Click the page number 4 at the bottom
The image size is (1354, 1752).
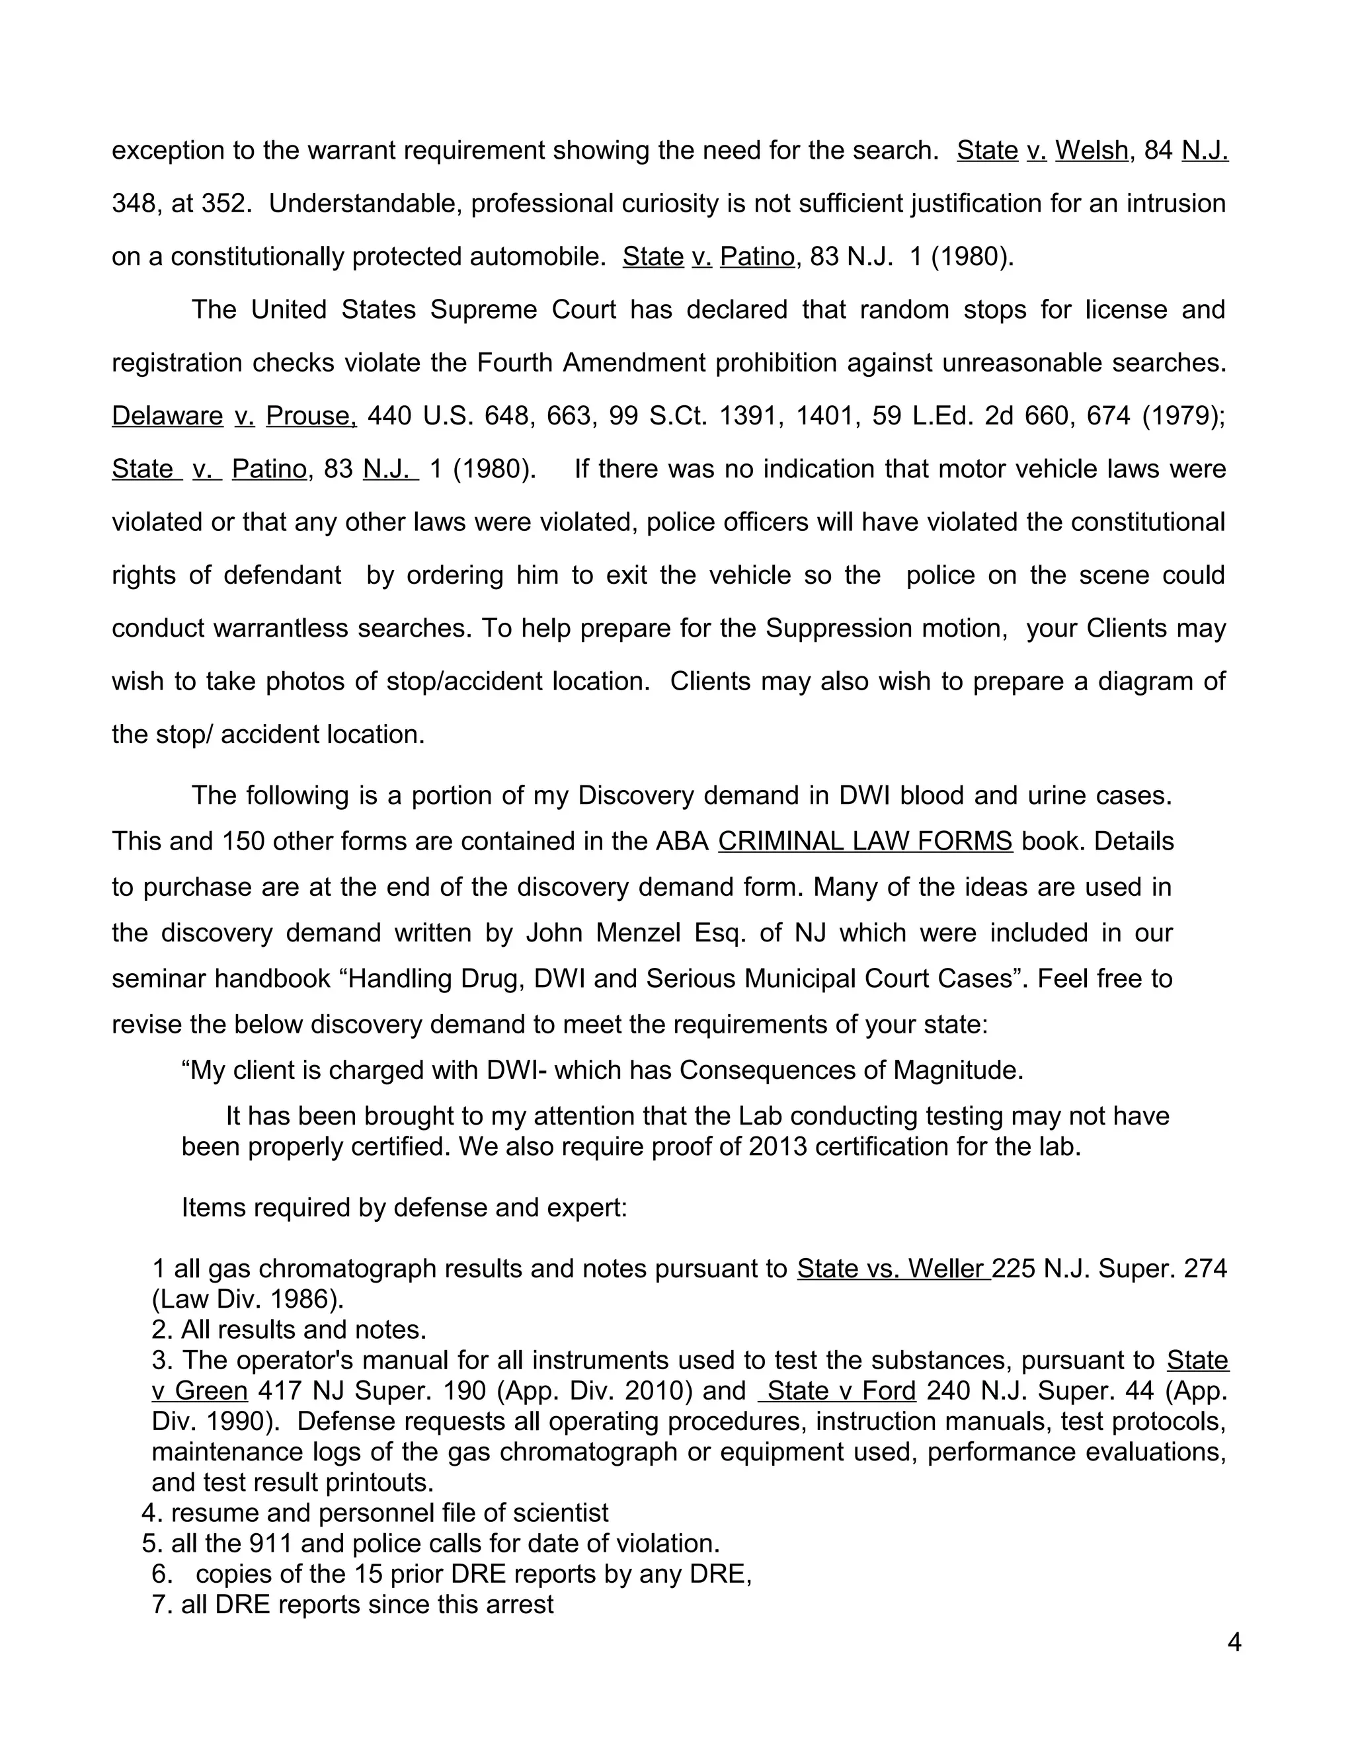point(1234,1643)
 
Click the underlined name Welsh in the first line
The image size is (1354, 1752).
point(1092,151)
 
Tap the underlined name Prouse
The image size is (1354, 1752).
point(311,416)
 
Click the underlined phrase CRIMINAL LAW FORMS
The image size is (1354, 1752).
point(865,841)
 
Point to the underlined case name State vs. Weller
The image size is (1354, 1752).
point(893,1268)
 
